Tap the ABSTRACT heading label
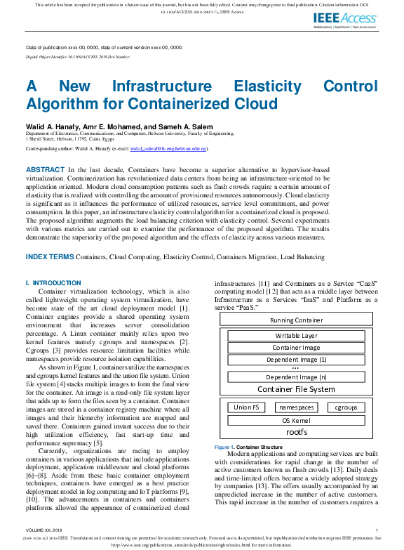point(46,170)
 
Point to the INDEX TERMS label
point(49,257)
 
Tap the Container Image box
point(296,348)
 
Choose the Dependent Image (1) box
point(296,360)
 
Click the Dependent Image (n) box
point(296,377)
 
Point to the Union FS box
point(247,407)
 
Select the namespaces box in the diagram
point(296,407)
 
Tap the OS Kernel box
point(296,420)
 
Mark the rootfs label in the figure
point(296,432)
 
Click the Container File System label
point(296,389)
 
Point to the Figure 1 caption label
point(224,447)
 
